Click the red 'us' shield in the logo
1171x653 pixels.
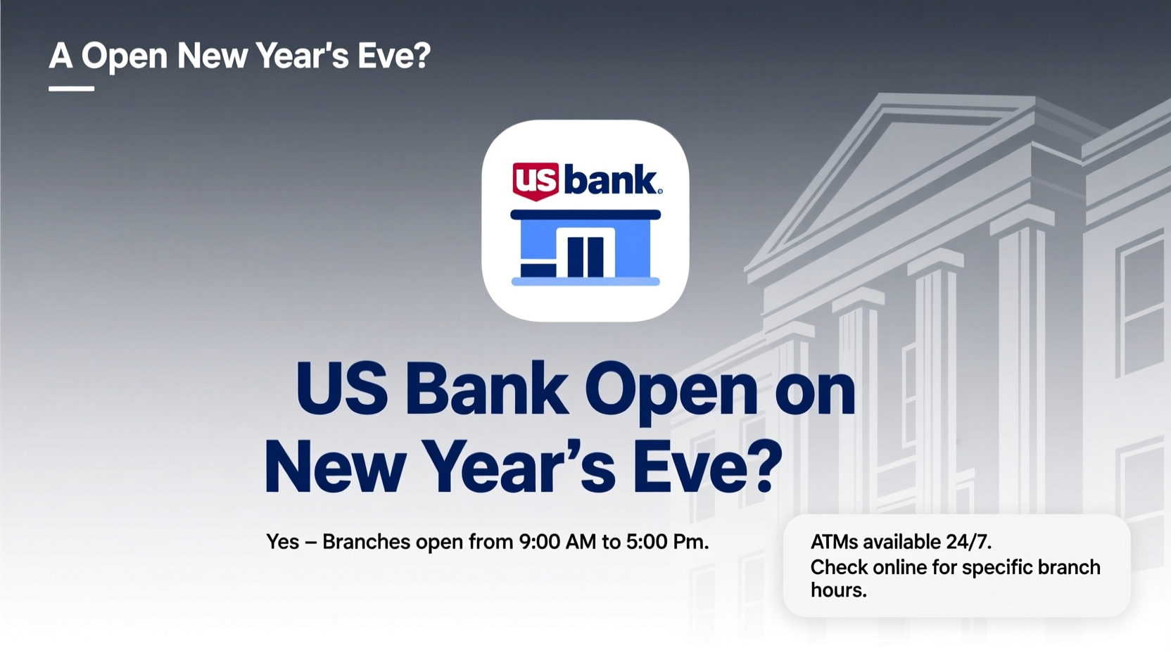pos(536,181)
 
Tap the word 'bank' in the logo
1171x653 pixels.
pos(609,180)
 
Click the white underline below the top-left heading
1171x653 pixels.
pos(71,89)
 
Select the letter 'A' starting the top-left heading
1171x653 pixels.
pos(61,56)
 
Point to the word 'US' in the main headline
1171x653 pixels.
pos(341,389)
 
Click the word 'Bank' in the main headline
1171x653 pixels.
pos(486,389)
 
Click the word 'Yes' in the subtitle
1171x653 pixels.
pos(282,542)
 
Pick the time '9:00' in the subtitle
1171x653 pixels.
pos(539,542)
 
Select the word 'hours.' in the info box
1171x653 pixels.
pos(838,590)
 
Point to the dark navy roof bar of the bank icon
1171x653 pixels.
pos(585,215)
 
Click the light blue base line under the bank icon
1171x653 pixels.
pos(585,281)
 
